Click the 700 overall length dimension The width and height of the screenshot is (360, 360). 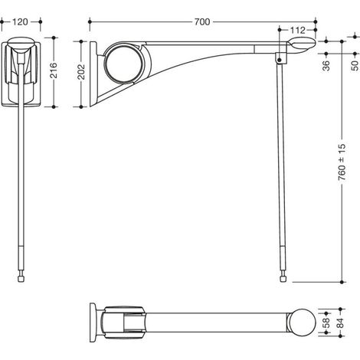202,22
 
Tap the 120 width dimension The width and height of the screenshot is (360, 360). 20,22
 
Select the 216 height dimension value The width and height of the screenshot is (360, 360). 54,70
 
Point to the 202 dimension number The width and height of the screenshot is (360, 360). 81,72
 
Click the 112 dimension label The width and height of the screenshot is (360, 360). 298,31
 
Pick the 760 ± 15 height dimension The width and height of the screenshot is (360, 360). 342,162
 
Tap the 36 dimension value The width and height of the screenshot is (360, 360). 326,66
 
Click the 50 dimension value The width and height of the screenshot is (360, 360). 355,66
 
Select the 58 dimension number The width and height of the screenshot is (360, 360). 326,322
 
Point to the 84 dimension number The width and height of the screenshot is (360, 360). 340,322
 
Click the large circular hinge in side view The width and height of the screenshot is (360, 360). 124,64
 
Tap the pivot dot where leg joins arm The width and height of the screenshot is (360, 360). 280,61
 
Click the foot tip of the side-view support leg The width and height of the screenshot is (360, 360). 283,279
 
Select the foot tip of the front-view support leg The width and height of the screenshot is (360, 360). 21,279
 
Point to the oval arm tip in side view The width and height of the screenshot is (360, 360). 302,44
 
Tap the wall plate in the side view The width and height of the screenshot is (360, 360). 93,74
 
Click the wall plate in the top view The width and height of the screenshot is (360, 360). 93,322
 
